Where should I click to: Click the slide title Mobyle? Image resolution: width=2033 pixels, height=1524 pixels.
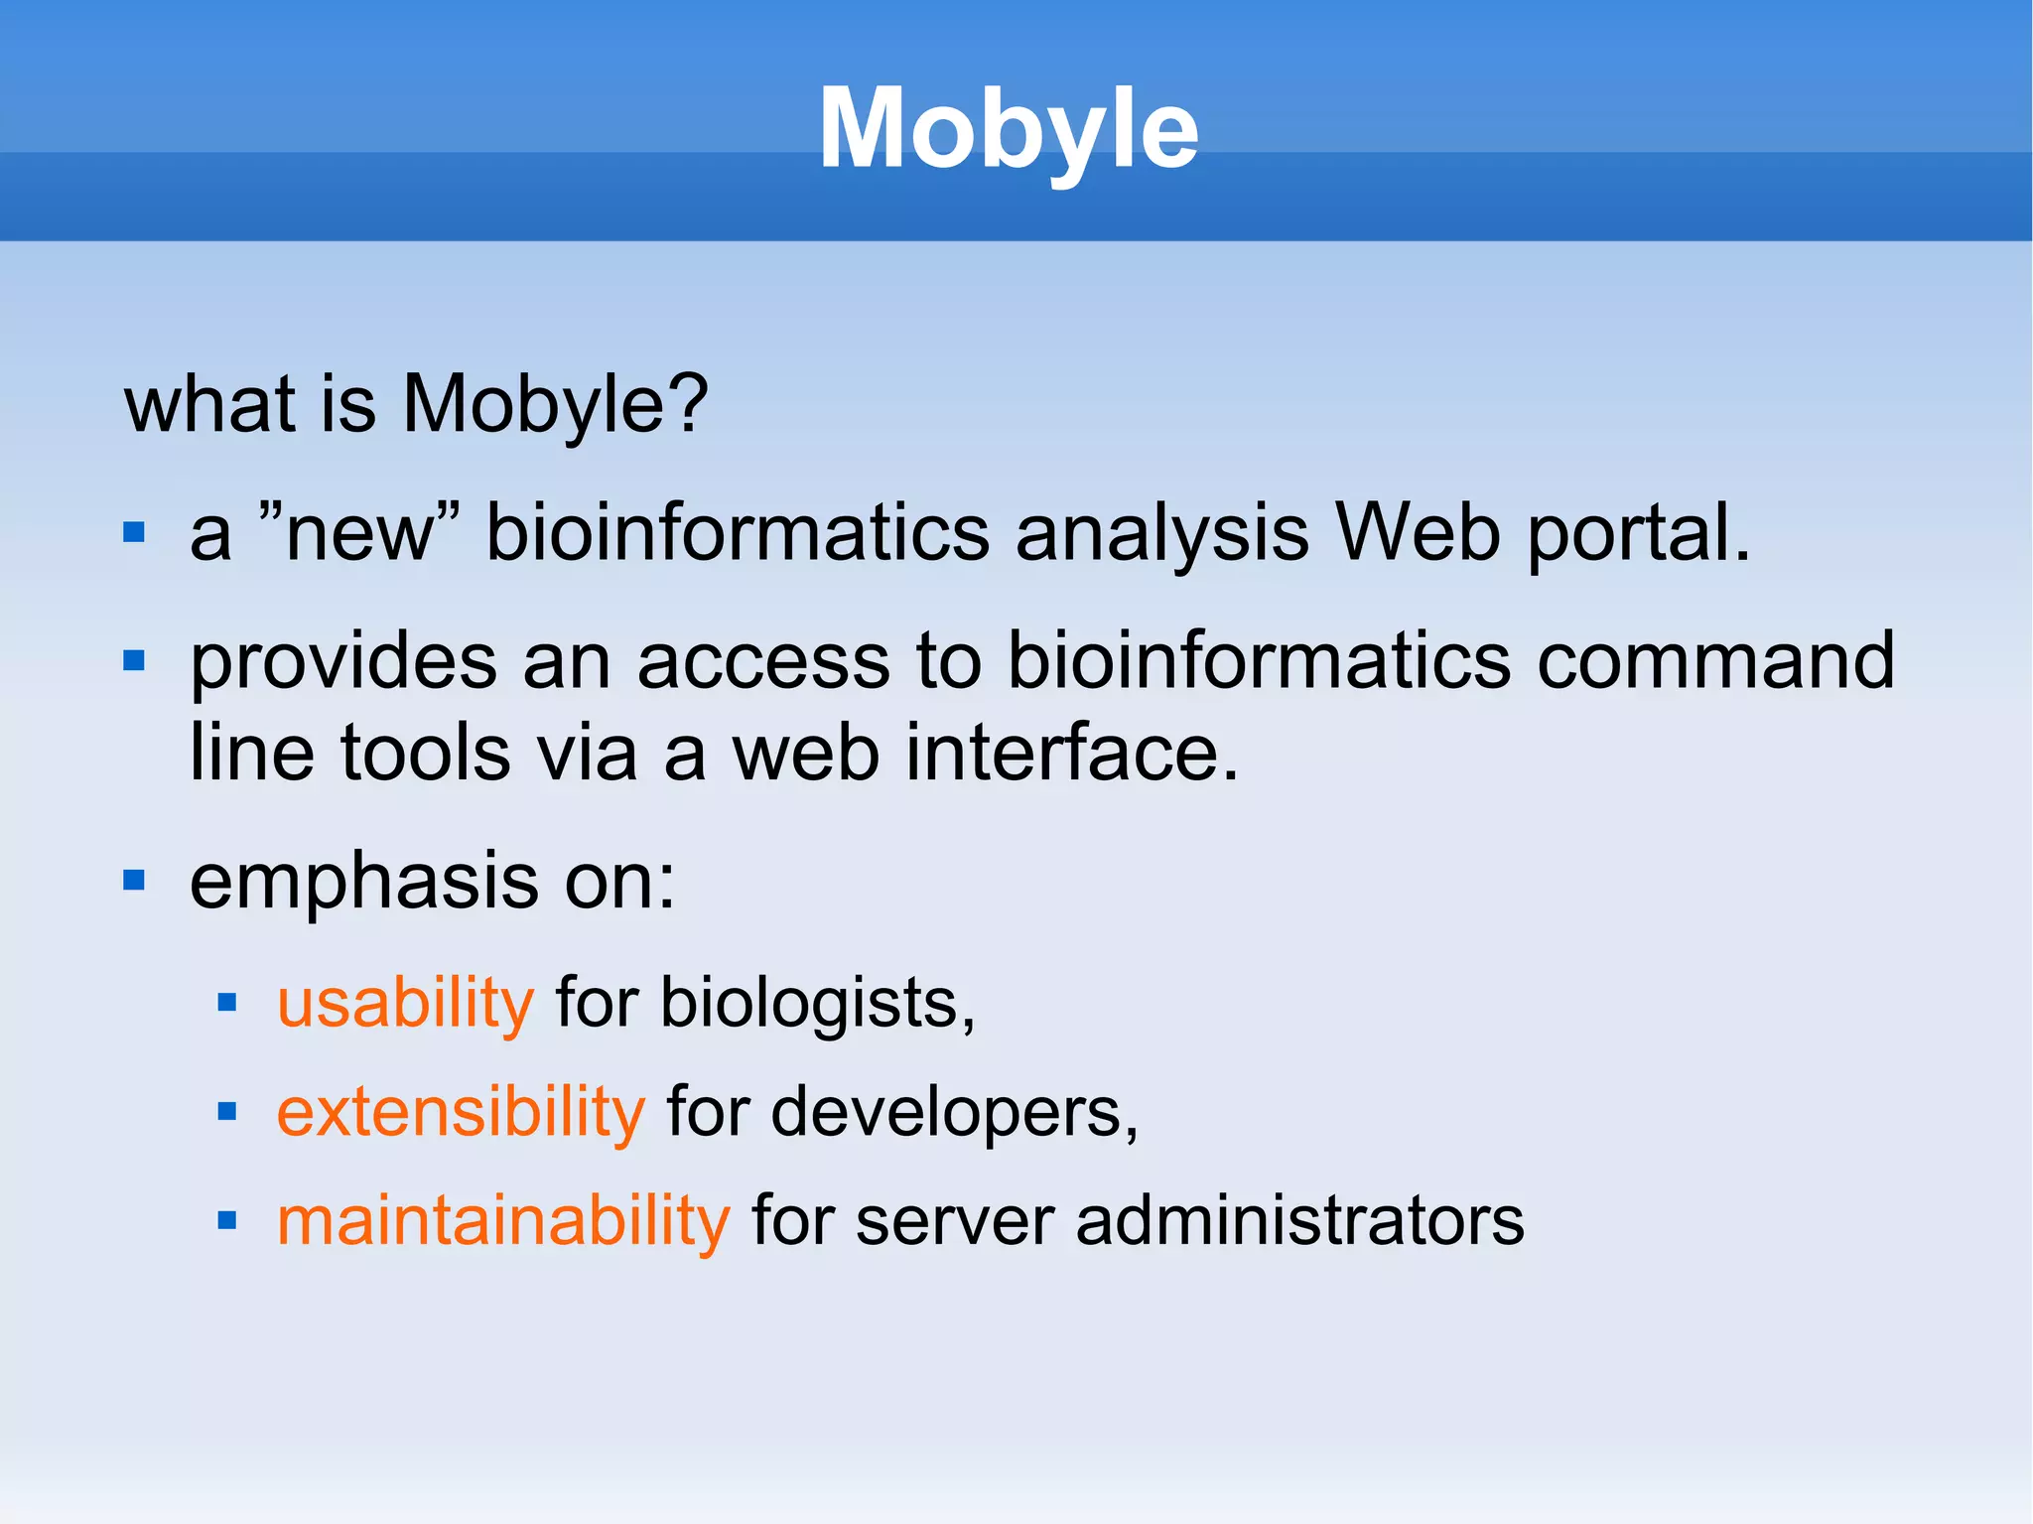1009,129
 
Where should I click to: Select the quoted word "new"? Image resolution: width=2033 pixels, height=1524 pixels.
359,532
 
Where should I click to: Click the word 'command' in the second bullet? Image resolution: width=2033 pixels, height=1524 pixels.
1715,661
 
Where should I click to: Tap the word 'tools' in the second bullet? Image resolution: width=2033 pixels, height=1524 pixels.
426,753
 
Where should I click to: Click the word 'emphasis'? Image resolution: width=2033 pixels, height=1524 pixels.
363,883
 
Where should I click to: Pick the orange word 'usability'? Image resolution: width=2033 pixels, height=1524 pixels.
405,1004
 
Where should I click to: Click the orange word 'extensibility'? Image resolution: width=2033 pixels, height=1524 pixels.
461,1112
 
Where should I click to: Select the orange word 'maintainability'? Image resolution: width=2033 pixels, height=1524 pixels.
503,1220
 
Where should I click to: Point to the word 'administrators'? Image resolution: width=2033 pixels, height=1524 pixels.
1299,1220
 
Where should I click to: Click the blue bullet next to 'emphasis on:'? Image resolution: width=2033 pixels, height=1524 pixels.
134,881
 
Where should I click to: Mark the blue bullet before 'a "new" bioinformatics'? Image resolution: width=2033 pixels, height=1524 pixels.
134,534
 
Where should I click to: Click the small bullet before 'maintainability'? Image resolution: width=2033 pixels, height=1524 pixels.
227,1220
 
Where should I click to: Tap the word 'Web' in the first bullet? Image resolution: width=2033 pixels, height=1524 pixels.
1417,534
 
